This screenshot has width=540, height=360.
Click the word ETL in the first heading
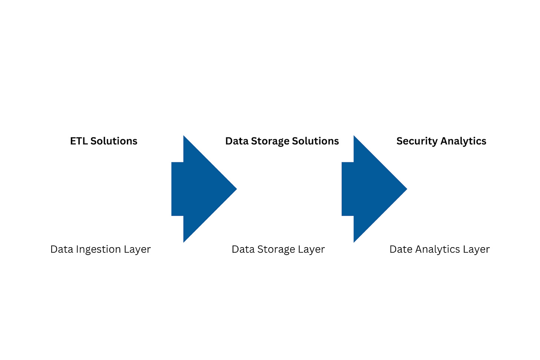click(79, 141)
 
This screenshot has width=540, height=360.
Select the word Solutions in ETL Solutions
click(114, 141)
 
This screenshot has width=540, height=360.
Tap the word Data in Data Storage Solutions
click(237, 141)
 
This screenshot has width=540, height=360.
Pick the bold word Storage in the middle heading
click(270, 141)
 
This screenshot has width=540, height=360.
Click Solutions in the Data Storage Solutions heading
click(315, 141)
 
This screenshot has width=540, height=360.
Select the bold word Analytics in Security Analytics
click(463, 141)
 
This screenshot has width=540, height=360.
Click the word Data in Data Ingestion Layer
click(62, 249)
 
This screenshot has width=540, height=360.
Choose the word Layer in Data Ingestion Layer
click(137, 250)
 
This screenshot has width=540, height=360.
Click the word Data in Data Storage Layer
click(243, 249)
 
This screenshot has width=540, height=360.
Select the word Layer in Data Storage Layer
click(312, 250)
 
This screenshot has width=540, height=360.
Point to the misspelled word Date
click(401, 249)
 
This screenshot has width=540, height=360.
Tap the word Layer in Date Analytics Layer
click(476, 250)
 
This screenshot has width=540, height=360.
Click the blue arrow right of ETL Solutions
click(200, 189)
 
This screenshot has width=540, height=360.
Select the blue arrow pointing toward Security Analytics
click(371, 189)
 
